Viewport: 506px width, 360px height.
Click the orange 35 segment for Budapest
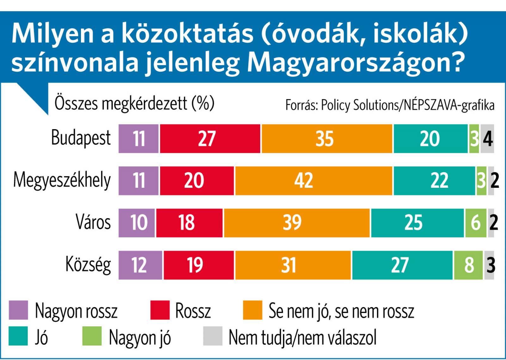click(327, 139)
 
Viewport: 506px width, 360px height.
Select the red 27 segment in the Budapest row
click(210, 139)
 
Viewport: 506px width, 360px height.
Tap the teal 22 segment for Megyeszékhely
click(434, 180)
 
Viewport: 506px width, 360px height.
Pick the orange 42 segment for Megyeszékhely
click(313, 180)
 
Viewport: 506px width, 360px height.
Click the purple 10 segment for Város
click(137, 223)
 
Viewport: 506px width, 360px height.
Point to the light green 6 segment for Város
click(476, 223)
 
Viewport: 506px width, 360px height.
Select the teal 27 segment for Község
click(402, 265)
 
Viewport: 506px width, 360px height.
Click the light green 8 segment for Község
click(468, 265)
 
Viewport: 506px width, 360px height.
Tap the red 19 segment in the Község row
click(199, 265)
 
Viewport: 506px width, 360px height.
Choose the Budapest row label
click(81, 138)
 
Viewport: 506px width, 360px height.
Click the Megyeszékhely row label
click(62, 180)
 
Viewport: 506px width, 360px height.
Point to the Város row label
click(93, 222)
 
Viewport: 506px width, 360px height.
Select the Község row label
click(88, 265)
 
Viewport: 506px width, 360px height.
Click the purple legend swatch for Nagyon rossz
click(18, 310)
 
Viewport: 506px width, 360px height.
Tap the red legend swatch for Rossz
click(160, 310)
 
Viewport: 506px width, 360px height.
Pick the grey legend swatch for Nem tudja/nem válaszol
click(213, 336)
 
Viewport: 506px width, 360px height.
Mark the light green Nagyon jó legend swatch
click(92, 336)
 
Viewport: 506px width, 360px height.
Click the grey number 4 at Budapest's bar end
click(488, 139)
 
